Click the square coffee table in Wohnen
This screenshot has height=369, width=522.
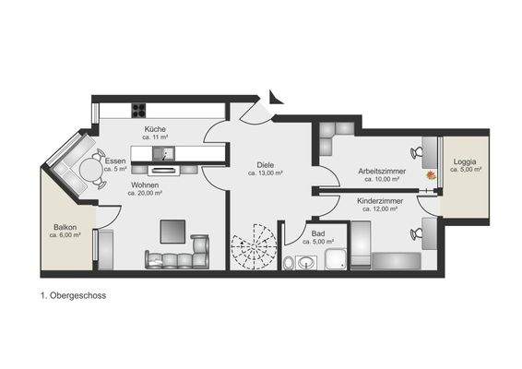(172, 230)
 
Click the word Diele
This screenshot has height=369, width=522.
(264, 165)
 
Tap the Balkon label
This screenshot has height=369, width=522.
(65, 227)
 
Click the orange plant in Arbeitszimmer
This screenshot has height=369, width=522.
(430, 173)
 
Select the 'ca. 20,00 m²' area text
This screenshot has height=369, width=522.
(145, 194)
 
